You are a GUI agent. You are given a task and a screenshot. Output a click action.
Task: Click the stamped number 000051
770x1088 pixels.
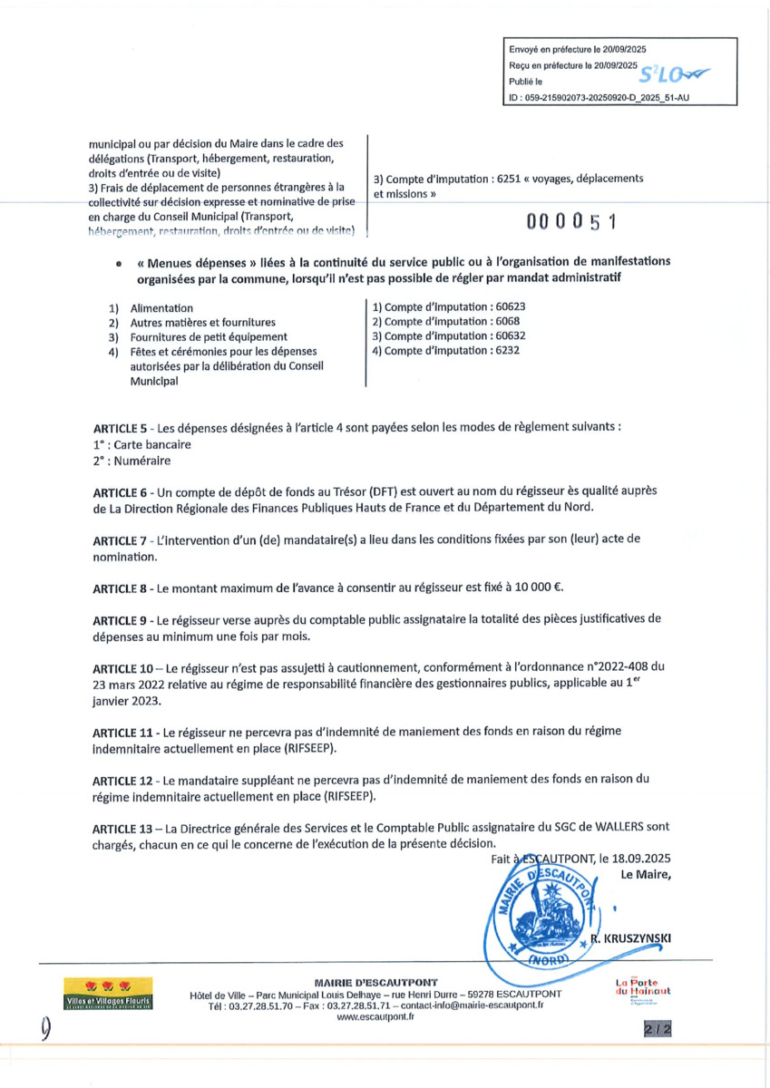point(576,221)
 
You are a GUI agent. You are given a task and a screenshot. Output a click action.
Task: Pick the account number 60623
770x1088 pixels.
point(507,306)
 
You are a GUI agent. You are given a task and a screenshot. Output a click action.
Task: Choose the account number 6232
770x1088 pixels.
point(502,350)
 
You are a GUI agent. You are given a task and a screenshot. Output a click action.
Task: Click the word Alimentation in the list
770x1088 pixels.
point(161,308)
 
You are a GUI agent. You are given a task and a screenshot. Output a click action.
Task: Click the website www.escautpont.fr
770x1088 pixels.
point(375,1017)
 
